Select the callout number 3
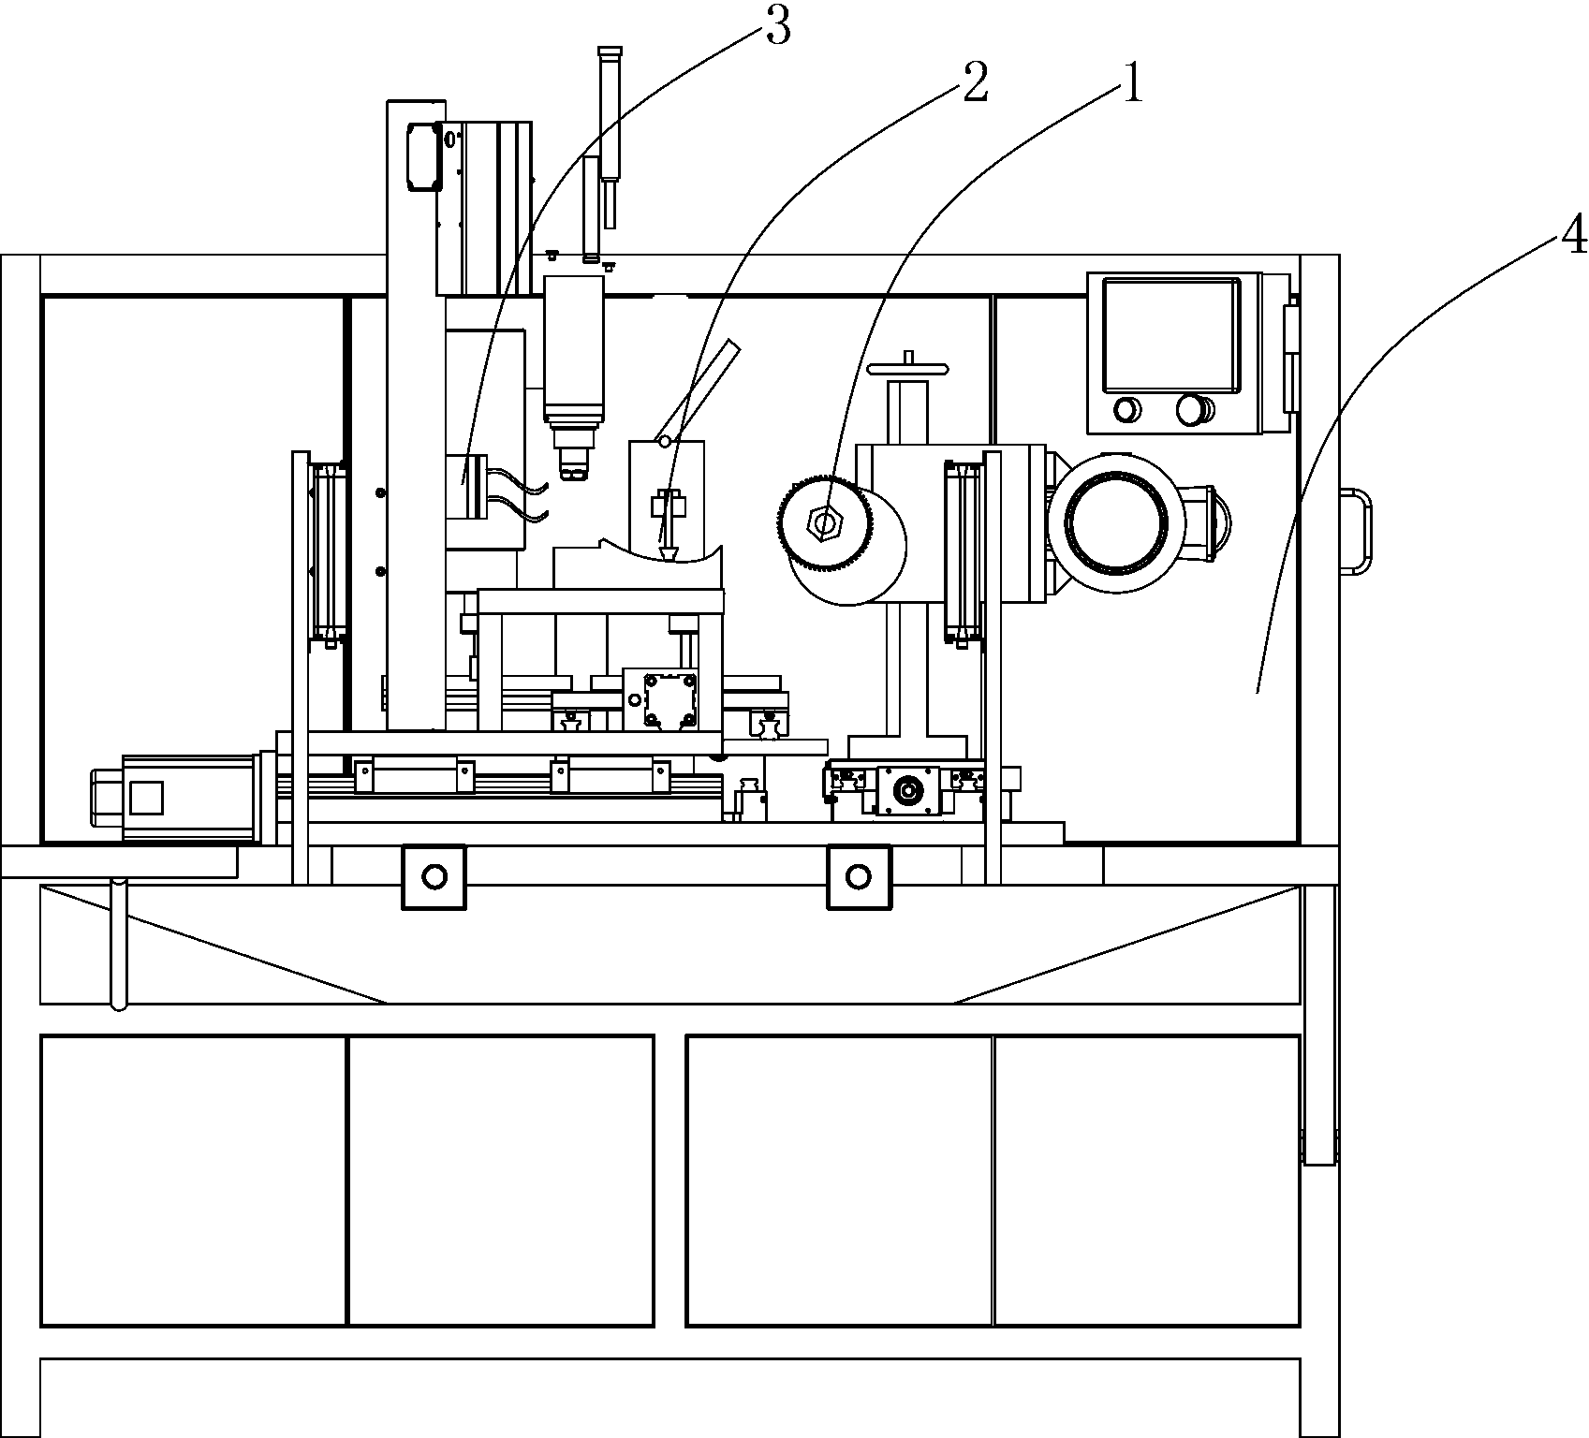(778, 27)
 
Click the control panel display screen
(1171, 334)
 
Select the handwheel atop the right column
(908, 366)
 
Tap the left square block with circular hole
(434, 876)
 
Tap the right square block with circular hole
(859, 876)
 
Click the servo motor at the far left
(175, 798)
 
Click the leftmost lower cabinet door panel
(194, 1181)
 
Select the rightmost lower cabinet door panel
(1147, 1181)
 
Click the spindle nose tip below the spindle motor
(573, 463)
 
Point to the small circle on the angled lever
(666, 440)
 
